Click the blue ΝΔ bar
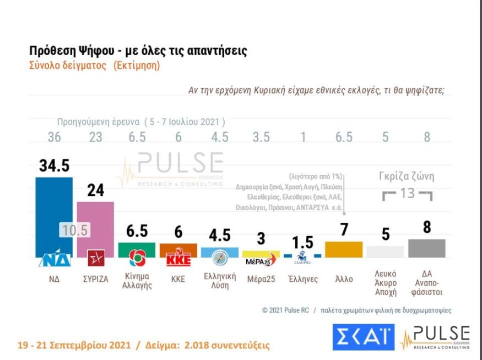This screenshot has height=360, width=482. pyautogui.click(x=54, y=209)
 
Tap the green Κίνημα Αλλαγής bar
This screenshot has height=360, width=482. pyautogui.click(x=137, y=249)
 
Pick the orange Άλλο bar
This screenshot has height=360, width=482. pyautogui.click(x=344, y=249)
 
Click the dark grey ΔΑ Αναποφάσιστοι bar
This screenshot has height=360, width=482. pyautogui.click(x=426, y=248)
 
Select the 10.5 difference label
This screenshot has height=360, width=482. pyautogui.click(x=74, y=231)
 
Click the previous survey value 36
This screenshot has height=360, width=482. pyautogui.click(x=53, y=138)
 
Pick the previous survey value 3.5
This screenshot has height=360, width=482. pyautogui.click(x=261, y=138)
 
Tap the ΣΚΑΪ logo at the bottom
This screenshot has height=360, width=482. pyautogui.click(x=364, y=336)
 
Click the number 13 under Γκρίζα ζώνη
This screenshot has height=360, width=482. pyautogui.click(x=407, y=194)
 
